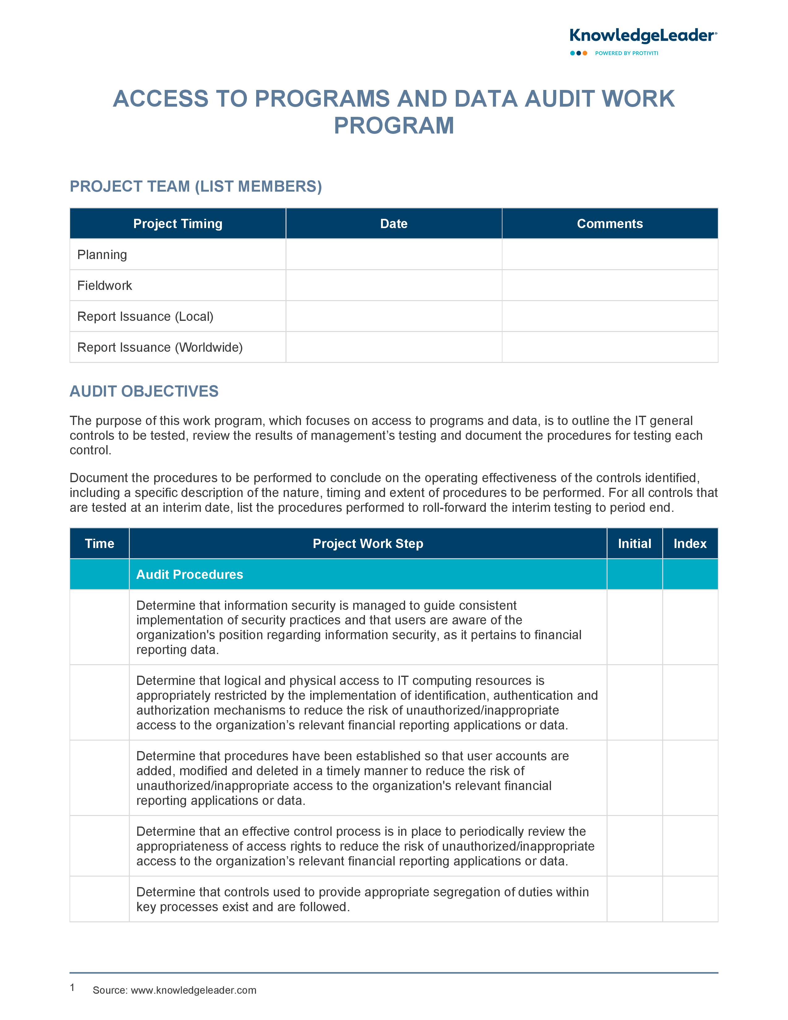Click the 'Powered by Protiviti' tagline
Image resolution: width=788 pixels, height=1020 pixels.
pos(626,53)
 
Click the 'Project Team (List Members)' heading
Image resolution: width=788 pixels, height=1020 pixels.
pos(196,186)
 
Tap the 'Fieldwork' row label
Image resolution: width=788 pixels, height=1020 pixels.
pos(104,285)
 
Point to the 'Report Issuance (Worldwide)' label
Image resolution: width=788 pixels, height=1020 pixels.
pos(160,347)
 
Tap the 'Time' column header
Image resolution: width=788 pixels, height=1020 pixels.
pos(100,544)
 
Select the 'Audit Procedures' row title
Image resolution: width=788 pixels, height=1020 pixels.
pos(189,575)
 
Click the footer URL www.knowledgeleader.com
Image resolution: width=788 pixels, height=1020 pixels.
pos(193,990)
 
